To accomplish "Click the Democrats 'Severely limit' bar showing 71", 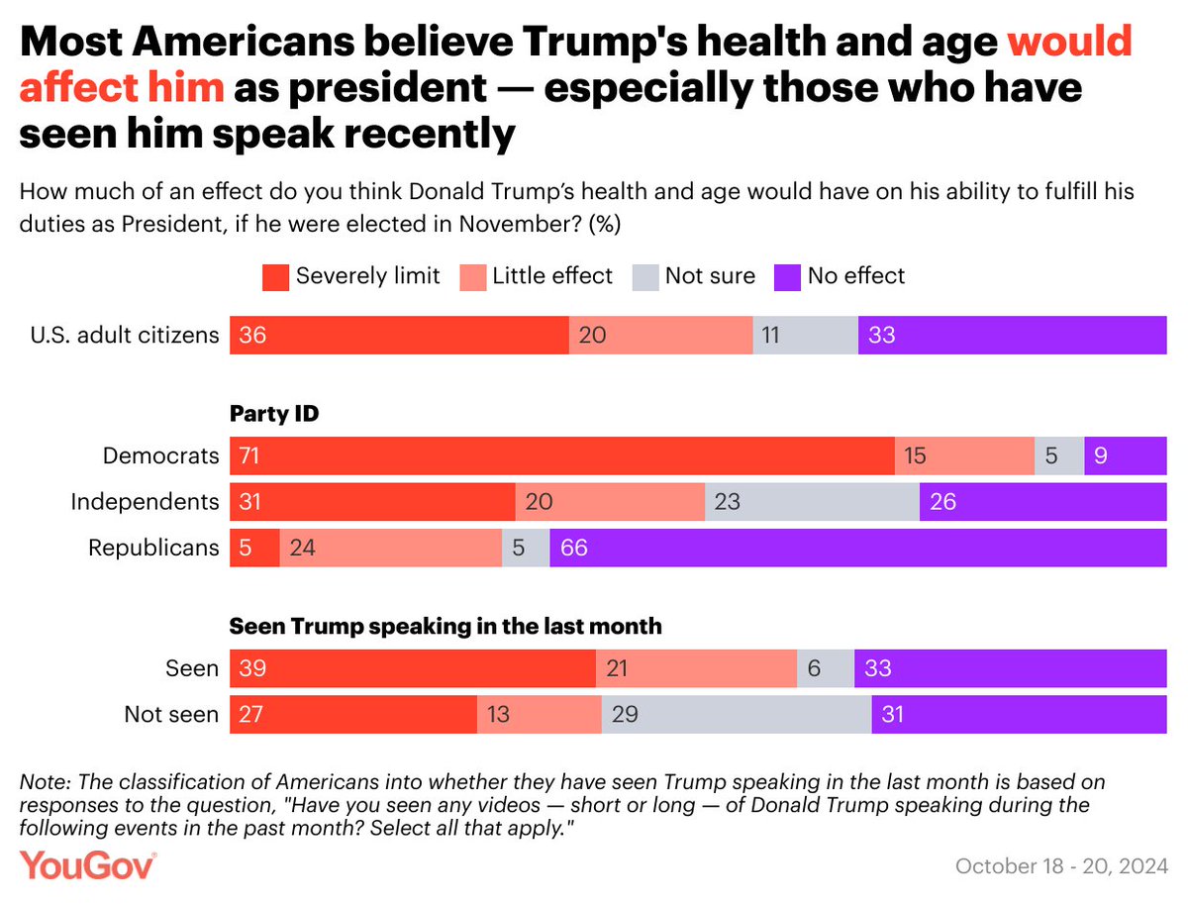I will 561,455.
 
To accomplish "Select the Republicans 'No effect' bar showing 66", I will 857,548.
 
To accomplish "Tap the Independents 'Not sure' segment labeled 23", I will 812,502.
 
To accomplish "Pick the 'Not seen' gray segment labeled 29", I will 736,714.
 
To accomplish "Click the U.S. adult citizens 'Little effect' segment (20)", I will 660,336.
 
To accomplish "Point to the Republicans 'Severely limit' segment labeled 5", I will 254,548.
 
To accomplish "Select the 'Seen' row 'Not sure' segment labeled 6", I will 825,668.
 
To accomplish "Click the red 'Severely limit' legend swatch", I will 275,276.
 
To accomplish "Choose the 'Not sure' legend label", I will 710,276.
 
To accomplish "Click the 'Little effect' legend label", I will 551,276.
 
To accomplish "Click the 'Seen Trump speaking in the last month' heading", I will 445,626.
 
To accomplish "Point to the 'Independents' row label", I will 145,502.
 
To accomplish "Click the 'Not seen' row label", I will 171,714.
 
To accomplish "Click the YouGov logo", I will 89,865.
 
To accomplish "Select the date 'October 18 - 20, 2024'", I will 1060,866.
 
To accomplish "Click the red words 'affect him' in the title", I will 122,87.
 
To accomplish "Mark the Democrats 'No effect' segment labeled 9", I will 1125,455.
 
